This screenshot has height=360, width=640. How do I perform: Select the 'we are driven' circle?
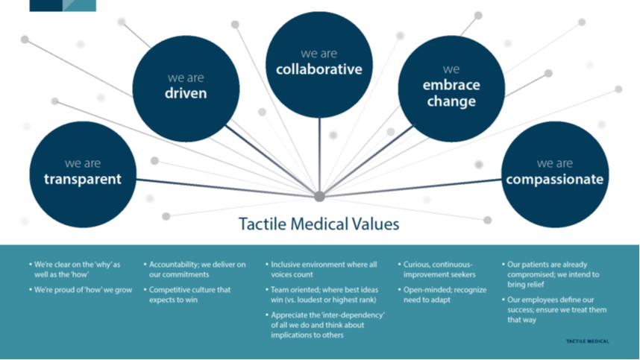[186, 88]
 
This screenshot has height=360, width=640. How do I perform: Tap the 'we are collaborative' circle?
[319, 63]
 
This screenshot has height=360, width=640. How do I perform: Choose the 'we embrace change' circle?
[452, 87]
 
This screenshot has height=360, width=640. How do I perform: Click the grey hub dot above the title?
[319, 197]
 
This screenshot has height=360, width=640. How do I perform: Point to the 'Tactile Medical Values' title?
[319, 224]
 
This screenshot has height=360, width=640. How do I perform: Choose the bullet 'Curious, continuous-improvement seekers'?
[440, 269]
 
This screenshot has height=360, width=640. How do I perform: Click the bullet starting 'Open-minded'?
[445, 294]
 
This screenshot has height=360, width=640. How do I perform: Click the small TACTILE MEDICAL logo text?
[588, 341]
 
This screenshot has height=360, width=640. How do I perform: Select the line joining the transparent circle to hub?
[224, 186]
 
